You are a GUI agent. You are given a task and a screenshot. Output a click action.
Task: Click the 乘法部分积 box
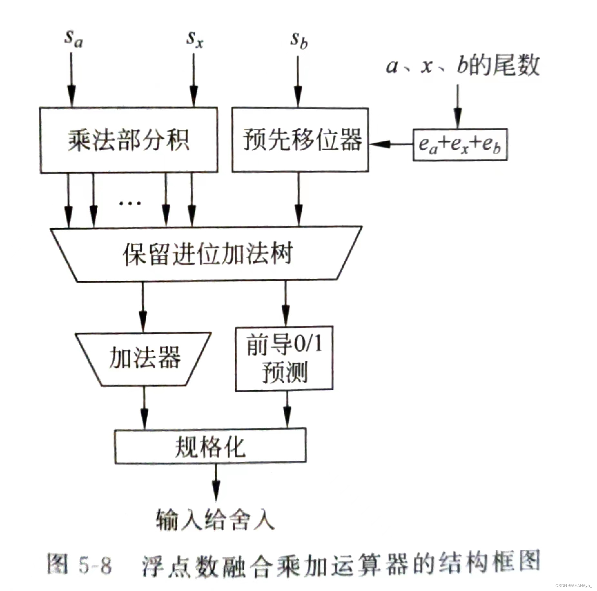[x=129, y=140]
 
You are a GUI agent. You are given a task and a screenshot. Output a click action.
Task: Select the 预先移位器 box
[x=300, y=140]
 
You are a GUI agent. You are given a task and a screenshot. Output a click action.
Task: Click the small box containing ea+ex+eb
[x=460, y=145]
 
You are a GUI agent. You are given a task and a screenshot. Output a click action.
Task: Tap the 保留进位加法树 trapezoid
[x=207, y=254]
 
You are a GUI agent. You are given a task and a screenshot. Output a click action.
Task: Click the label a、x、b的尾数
[x=462, y=66]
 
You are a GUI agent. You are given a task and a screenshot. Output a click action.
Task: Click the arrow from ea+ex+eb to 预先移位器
[x=391, y=144]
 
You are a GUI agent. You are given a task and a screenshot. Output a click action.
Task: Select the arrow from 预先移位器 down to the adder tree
[x=298, y=198]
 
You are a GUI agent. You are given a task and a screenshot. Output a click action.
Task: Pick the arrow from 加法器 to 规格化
[x=144, y=407]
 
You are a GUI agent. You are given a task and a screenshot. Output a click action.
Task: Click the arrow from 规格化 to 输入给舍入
[x=216, y=481]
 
